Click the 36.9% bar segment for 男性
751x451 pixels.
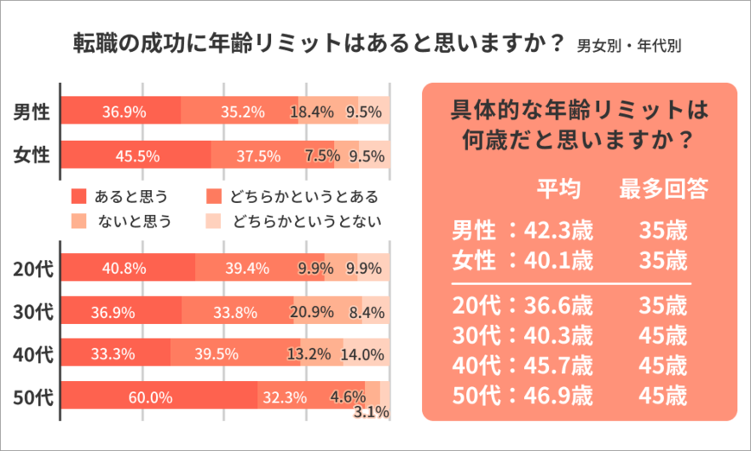pos(123,111)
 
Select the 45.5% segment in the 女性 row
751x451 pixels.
pos(136,156)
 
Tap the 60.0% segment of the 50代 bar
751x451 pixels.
pos(150,397)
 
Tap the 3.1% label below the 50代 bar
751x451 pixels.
pos(371,414)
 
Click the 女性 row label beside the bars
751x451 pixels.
pos(30,156)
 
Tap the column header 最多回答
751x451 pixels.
pos(663,190)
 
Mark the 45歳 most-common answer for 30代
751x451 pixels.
pos(663,335)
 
